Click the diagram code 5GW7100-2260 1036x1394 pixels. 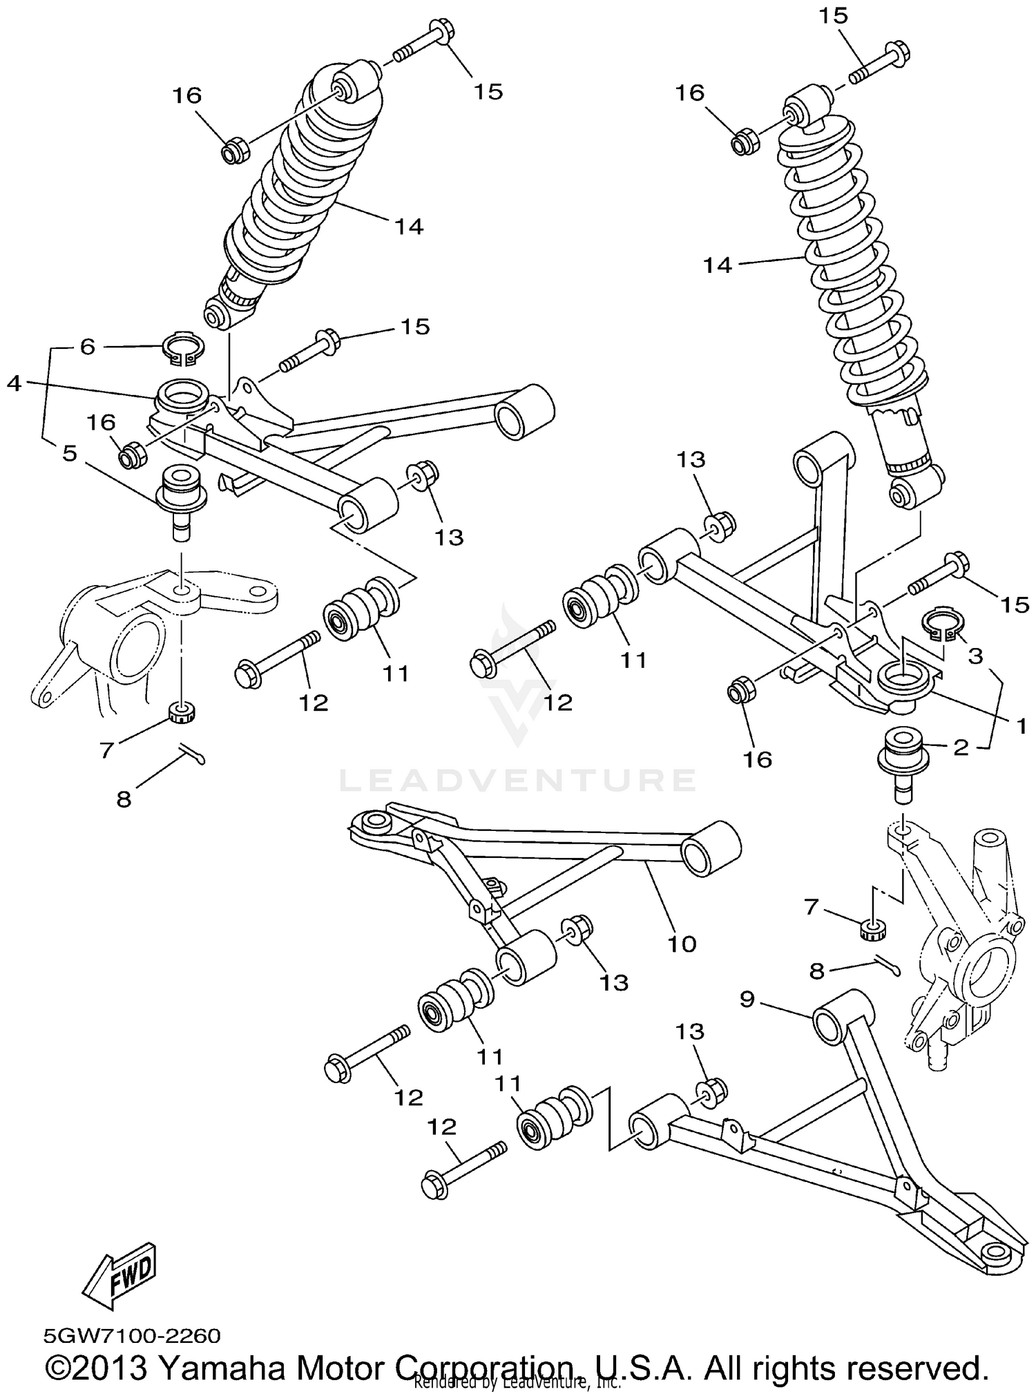point(132,1335)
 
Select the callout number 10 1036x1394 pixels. point(682,944)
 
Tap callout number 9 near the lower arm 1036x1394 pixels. point(747,999)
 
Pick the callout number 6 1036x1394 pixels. point(87,347)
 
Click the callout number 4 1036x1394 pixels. point(15,383)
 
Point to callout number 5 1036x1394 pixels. point(70,454)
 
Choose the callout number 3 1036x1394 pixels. point(975,656)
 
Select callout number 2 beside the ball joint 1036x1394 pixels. point(961,747)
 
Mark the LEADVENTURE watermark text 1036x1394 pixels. point(517,781)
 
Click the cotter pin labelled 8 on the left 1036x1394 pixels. point(190,754)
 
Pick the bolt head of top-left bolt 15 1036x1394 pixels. point(439,30)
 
